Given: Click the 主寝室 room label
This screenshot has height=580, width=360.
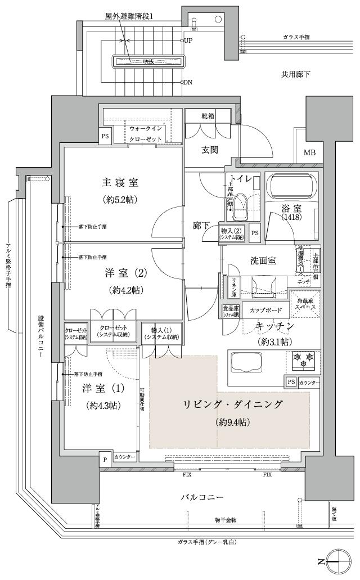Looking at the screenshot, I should point(120,182).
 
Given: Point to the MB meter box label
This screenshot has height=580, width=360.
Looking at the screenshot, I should point(309,152).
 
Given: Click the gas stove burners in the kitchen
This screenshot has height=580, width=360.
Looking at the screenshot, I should point(303,359).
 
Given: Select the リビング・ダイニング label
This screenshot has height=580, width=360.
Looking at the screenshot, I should point(232,404).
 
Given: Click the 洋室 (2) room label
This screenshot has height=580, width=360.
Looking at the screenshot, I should point(125,274).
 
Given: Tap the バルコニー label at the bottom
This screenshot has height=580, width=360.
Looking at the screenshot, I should point(202,497).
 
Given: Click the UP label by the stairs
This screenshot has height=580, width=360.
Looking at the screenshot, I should point(188,41).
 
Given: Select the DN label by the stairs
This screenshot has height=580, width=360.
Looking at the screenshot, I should point(187,82).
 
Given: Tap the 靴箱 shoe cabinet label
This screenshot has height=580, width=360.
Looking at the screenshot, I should point(208,116).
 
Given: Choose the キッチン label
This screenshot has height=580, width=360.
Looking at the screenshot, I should point(274,326).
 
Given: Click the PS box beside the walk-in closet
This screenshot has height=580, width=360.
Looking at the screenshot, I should point(105,136).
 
